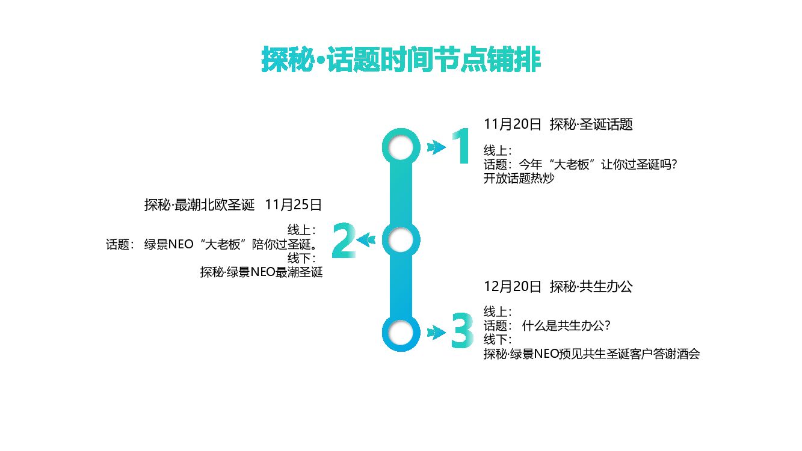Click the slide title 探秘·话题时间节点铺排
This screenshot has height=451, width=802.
pos(401,60)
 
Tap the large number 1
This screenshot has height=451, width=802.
pos(461,146)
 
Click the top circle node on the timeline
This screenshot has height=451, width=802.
pos(401,147)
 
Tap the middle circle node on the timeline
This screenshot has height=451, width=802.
pos(401,241)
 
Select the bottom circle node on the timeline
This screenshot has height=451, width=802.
pos(401,333)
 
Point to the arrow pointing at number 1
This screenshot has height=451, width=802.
pos(436,147)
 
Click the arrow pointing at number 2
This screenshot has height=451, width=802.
pos(366,241)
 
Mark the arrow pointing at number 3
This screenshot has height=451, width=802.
pos(436,331)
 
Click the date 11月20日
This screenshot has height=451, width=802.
pos(513,124)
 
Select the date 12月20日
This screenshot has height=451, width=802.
pos(513,287)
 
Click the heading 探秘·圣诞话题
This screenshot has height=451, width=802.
pos(591,124)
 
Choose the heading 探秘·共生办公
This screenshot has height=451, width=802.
pos(591,287)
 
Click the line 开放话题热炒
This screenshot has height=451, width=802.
pos(518,179)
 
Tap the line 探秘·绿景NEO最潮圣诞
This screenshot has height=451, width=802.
pos(261,272)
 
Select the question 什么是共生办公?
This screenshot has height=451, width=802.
pos(567,326)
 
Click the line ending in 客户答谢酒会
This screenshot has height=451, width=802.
pos(591,354)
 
